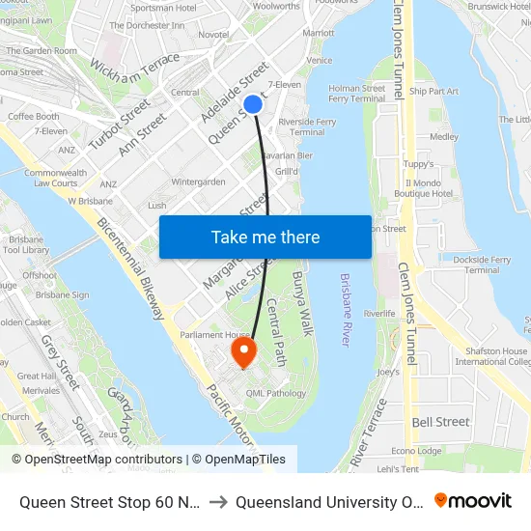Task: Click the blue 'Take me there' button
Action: [x=265, y=238]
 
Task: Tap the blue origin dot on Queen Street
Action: [x=252, y=104]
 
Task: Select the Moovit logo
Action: [x=472, y=501]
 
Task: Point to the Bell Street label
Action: [x=440, y=422]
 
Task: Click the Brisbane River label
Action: [x=346, y=310]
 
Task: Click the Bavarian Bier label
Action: [x=286, y=154]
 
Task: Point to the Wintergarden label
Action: [x=198, y=182]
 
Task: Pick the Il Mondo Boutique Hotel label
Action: [x=430, y=187]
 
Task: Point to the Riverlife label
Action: [x=379, y=314]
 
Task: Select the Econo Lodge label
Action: [x=416, y=451]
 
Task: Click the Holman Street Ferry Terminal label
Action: [x=357, y=93]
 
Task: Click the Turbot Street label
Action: [x=120, y=123]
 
